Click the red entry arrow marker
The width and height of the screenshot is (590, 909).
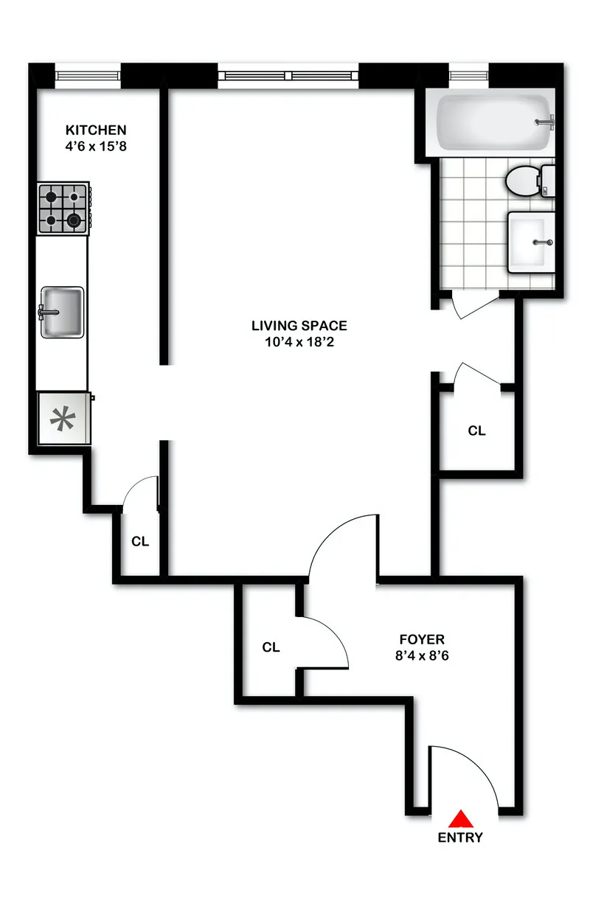click(462, 818)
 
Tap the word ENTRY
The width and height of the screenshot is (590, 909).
click(460, 837)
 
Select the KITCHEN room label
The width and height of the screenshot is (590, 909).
click(95, 130)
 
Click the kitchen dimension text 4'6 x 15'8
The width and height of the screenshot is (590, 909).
click(96, 146)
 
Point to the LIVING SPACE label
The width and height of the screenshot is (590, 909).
click(299, 325)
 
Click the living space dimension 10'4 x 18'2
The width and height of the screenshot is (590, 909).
click(299, 341)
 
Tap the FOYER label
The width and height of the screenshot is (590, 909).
click(422, 639)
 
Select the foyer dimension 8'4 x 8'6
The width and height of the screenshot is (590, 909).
click(422, 655)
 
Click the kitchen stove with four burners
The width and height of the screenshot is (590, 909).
click(63, 209)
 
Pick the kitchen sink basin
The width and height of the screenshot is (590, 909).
click(62, 312)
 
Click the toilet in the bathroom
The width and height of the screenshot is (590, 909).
click(527, 180)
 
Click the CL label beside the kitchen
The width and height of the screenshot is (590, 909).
click(140, 541)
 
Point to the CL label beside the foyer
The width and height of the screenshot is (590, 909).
click(271, 647)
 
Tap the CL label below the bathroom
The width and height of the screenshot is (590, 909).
click(477, 431)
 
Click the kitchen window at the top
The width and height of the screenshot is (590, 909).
click(88, 74)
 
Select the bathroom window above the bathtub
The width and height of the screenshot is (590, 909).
click(470, 74)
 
